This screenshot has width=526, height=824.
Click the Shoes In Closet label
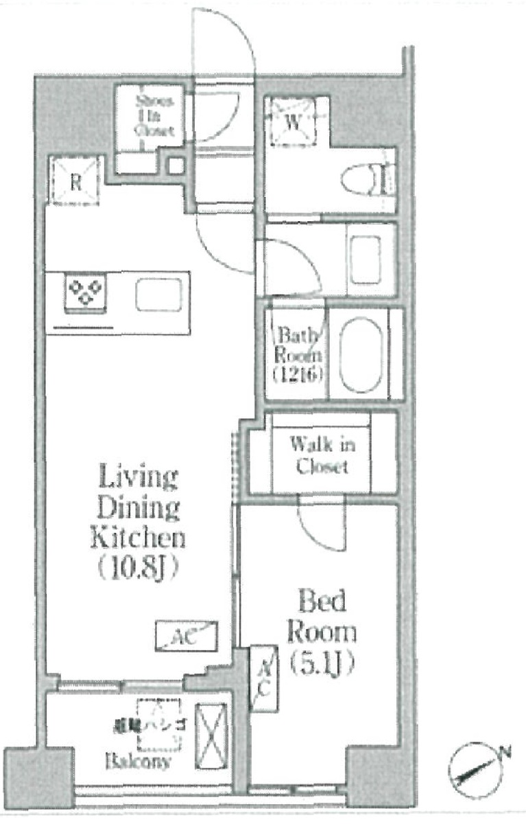pyautogui.click(x=150, y=115)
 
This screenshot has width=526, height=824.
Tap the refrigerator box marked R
pyautogui.click(x=75, y=181)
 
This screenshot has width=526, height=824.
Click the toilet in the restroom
pyautogui.click(x=367, y=181)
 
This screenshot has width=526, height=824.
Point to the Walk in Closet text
pyautogui.click(x=322, y=455)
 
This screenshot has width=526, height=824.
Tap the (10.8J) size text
pyautogui.click(x=137, y=568)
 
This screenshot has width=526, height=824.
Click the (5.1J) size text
pyautogui.click(x=320, y=663)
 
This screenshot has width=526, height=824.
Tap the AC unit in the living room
pyautogui.click(x=187, y=636)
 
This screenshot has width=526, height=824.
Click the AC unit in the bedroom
pyautogui.click(x=265, y=678)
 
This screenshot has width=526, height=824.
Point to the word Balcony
pyautogui.click(x=139, y=762)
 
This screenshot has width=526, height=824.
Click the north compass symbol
pyautogui.click(x=473, y=770)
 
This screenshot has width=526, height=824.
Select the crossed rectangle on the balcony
pyautogui.click(x=211, y=736)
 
